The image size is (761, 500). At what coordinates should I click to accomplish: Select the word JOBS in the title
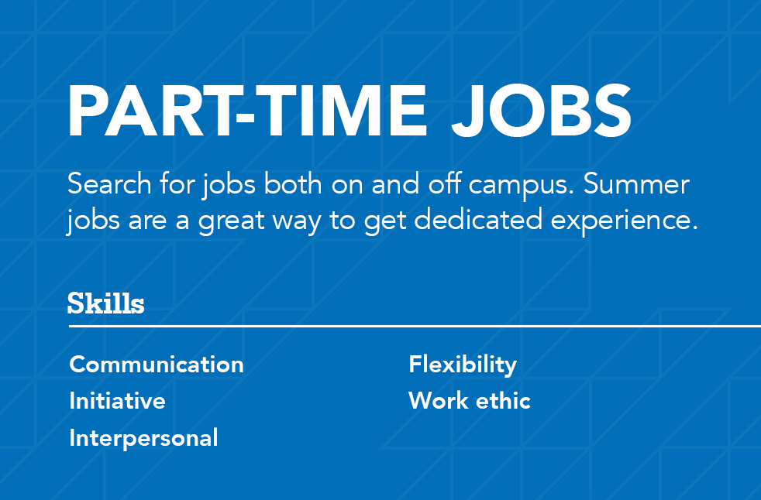point(542,111)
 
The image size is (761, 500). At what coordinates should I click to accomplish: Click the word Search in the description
point(109,184)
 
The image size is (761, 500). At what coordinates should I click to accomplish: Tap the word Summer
point(636,184)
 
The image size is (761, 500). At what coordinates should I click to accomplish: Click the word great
point(231,221)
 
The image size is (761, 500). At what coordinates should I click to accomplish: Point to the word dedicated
point(478,219)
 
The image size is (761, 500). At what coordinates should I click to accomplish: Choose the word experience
point(624,221)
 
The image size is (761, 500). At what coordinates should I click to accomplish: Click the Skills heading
point(106,303)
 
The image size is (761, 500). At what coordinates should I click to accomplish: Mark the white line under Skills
point(415,327)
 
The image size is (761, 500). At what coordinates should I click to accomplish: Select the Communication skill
point(157,365)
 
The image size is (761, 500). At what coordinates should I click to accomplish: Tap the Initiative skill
point(118,401)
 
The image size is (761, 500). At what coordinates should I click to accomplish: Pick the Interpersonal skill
point(143,438)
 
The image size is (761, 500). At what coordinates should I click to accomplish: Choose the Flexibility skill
point(463,365)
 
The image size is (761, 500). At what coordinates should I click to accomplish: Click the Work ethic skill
point(470,401)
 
